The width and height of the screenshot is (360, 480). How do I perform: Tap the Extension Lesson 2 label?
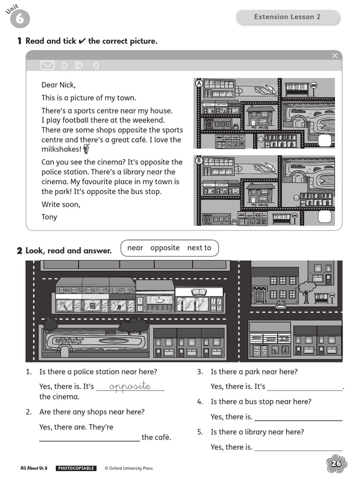[x=287, y=17]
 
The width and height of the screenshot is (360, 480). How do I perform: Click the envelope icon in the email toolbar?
[x=47, y=65]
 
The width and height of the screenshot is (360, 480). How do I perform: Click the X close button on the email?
[x=335, y=56]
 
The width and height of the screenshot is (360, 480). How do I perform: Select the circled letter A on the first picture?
[x=199, y=83]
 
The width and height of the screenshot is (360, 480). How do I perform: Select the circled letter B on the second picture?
[x=199, y=161]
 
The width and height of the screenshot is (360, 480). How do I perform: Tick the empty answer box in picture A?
[x=324, y=140]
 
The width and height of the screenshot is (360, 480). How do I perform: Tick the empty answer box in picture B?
[x=324, y=216]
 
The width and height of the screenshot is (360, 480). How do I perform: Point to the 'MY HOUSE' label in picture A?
[x=260, y=127]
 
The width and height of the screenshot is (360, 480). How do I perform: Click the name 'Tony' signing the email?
[x=49, y=217]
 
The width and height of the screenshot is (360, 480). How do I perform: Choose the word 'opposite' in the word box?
[x=165, y=248]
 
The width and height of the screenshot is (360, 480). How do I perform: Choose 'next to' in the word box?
[x=199, y=248]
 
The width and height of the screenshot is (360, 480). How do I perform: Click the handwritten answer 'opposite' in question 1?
[x=130, y=386]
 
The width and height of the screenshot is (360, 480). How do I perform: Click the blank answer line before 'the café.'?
[x=90, y=437]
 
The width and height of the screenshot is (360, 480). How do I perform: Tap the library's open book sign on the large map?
[x=199, y=292]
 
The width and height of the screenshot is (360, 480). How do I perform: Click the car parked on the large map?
[x=281, y=305]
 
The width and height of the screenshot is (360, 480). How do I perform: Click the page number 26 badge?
[x=336, y=464]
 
